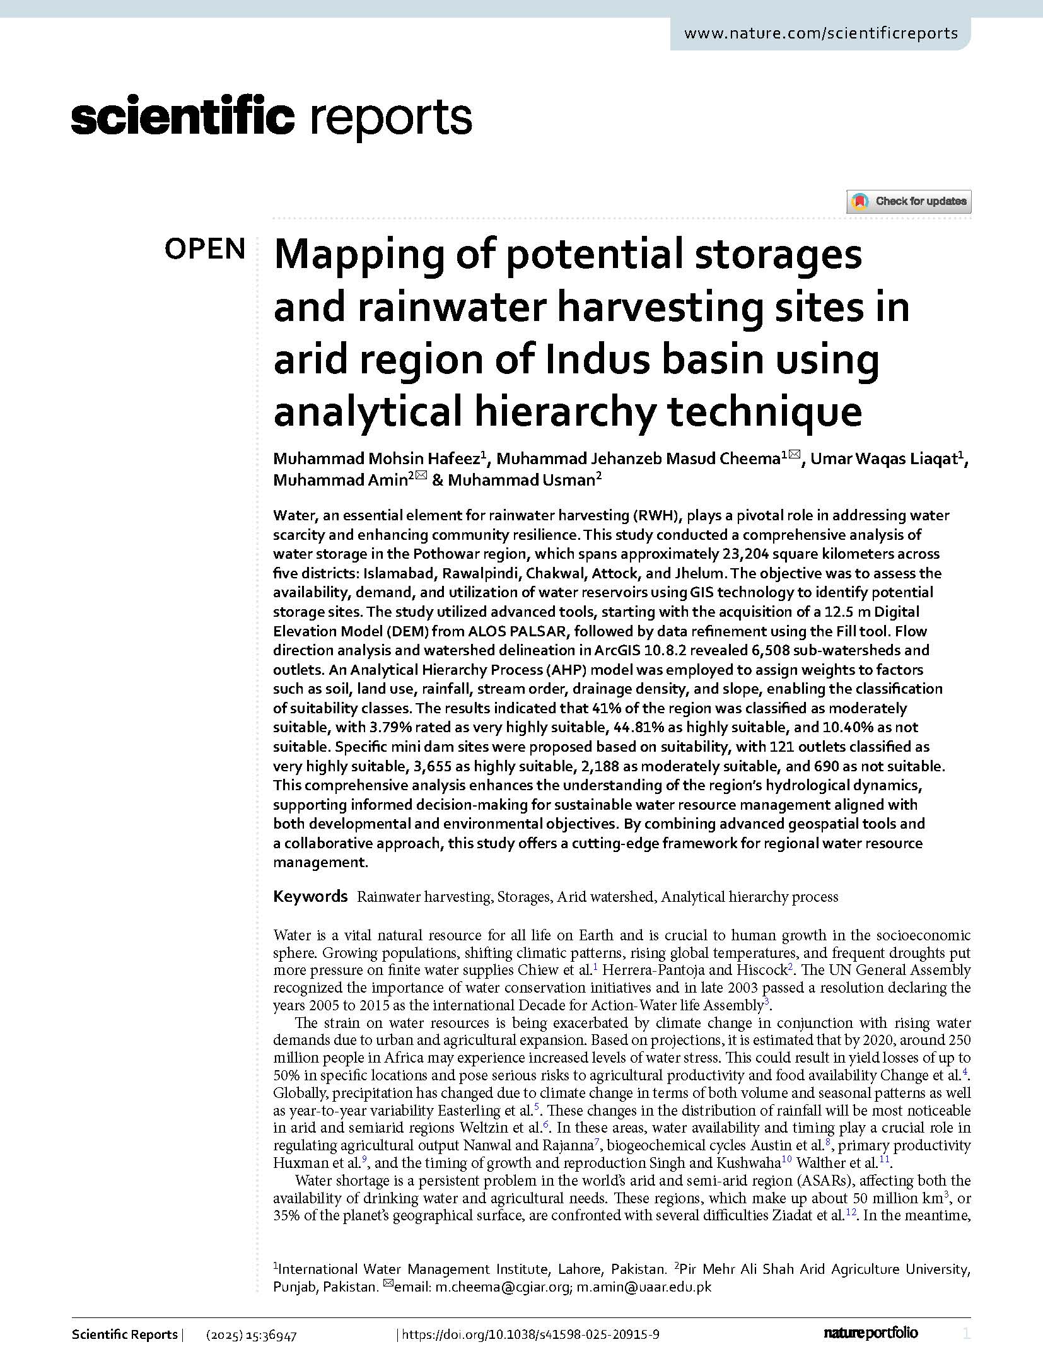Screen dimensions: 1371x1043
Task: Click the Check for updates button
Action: (x=908, y=202)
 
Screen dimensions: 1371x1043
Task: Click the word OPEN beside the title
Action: (x=204, y=250)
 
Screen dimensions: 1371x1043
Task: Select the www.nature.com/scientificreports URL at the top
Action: (x=820, y=33)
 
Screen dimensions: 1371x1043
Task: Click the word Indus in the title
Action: (x=588, y=359)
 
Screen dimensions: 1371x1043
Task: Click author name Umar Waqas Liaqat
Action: (x=883, y=458)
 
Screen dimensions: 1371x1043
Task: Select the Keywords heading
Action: (x=310, y=896)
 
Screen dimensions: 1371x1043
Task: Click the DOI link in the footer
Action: (x=530, y=1334)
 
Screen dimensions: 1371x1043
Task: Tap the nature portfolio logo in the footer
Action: (x=870, y=1333)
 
